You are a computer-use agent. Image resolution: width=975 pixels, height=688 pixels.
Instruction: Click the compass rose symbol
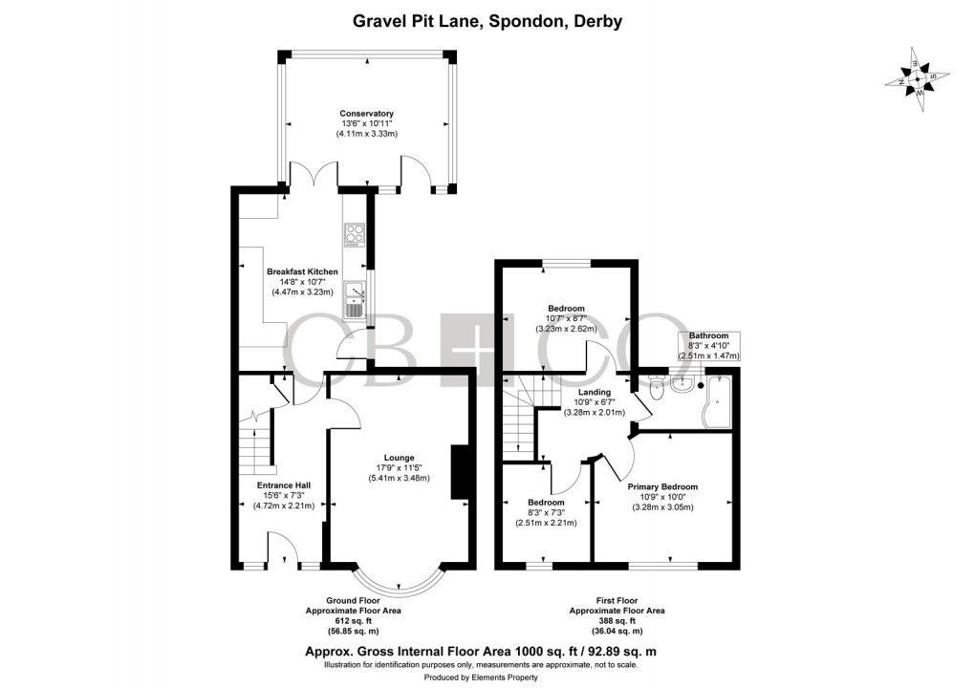918,78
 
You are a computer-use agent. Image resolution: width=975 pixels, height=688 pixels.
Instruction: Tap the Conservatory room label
366,114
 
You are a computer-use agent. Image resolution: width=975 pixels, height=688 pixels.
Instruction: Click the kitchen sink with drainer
354,297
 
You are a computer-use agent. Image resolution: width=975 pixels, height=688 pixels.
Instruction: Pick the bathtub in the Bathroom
717,402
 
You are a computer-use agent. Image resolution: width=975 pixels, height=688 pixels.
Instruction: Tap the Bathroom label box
708,345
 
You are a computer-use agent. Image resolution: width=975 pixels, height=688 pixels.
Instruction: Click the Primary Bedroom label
663,486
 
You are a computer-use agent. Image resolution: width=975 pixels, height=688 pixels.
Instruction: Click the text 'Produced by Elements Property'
487,677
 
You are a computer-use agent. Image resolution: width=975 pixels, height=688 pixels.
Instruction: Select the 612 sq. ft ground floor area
353,620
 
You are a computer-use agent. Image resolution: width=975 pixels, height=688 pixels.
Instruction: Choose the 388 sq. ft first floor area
617,620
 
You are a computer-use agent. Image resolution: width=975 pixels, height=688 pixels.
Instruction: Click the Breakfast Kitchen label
302,271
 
